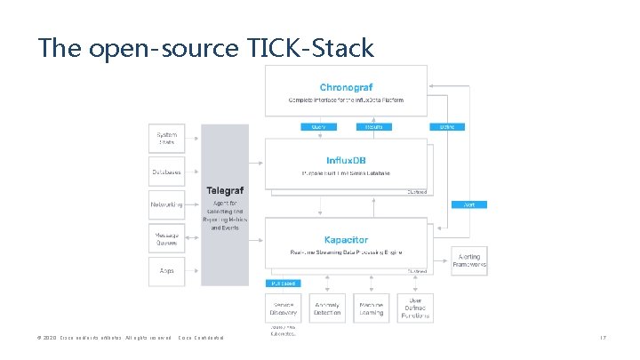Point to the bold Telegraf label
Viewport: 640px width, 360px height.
226,190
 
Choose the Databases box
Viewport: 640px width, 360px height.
167,171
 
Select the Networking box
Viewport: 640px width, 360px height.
167,204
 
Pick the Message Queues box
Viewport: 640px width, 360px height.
167,237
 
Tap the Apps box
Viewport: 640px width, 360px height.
167,270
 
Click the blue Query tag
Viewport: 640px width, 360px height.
318,127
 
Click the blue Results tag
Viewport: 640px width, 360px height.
372,127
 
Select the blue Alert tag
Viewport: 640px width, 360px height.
468,204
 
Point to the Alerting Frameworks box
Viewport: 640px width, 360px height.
469,259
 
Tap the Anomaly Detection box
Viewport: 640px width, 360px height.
328,308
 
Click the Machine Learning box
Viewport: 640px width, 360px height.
372,308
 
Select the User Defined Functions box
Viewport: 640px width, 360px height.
414,308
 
